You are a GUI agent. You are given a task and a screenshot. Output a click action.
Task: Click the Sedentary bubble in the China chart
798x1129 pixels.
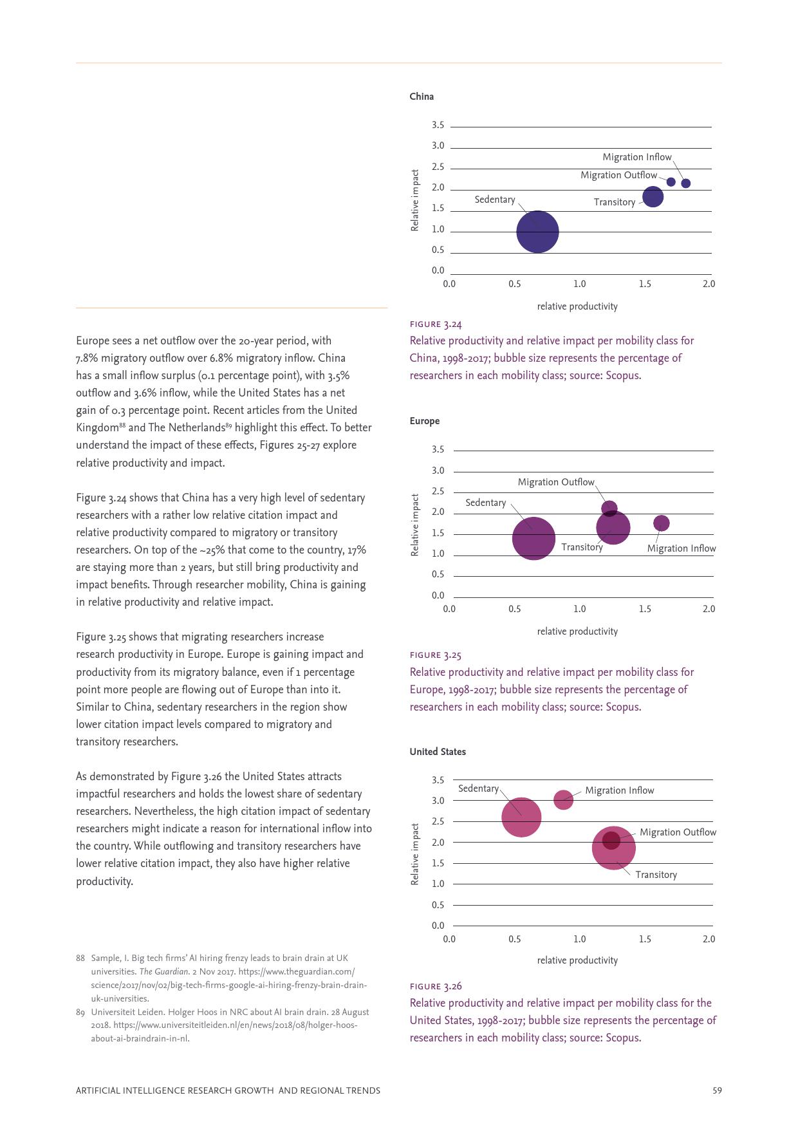tap(537, 232)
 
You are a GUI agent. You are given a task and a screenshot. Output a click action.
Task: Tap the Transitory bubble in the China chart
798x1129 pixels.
tap(653, 197)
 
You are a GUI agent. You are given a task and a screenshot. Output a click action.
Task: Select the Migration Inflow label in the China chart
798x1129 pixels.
tap(636, 157)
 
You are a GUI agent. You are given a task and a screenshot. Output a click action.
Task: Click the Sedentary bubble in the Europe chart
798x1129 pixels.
tap(534, 538)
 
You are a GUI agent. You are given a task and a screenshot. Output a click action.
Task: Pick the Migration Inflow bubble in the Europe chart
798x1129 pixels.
tap(661, 523)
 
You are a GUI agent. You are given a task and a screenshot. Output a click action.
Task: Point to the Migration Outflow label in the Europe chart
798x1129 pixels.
tap(556, 482)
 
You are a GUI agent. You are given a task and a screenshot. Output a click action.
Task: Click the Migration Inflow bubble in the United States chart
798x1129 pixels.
tap(563, 800)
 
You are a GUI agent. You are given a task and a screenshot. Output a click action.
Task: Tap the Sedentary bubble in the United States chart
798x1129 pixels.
tap(521, 817)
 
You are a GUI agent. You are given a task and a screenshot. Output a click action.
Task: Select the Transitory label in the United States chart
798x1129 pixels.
tap(656, 875)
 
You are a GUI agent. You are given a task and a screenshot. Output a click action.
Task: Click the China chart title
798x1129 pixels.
tap(422, 97)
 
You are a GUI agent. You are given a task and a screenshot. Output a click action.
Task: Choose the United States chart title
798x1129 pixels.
tap(438, 752)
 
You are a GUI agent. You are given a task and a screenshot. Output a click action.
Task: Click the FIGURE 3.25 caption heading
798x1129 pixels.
tap(436, 655)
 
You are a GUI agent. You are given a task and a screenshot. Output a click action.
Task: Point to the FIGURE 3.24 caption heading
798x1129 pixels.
tap(436, 324)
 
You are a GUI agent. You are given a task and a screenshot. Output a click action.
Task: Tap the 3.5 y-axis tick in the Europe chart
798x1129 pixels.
tap(438, 450)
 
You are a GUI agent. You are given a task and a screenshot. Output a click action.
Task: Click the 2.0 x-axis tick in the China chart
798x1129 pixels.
tap(709, 284)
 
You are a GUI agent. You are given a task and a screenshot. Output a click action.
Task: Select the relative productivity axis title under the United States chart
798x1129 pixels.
tap(577, 960)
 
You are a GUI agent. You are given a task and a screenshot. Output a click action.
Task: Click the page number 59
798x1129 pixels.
tap(717, 1090)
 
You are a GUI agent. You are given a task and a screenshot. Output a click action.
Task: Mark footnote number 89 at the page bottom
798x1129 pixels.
tap(80, 1012)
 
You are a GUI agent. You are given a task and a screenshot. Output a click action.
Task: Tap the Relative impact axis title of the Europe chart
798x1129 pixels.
tap(415, 525)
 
